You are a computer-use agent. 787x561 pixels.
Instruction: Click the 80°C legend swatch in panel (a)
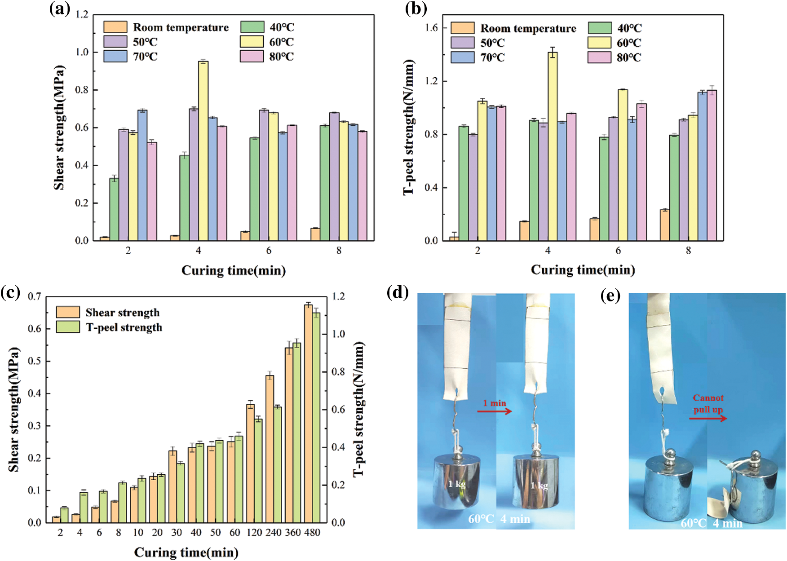[x=252, y=57]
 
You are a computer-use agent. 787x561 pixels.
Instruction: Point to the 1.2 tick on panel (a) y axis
[x=82, y=15]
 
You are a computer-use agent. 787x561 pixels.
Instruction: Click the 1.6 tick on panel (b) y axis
[x=431, y=28]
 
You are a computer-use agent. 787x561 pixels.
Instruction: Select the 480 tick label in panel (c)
[x=312, y=533]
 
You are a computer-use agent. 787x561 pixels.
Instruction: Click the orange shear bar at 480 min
[x=308, y=413]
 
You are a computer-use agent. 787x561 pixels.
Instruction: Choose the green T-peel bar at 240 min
[x=277, y=464]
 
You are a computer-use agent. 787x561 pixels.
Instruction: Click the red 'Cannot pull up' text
[x=708, y=403]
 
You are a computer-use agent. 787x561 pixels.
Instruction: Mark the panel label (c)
[x=10, y=293]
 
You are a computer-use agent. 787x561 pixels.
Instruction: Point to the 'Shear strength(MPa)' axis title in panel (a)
[x=59, y=128]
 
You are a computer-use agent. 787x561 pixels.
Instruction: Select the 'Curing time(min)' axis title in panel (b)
[x=583, y=270]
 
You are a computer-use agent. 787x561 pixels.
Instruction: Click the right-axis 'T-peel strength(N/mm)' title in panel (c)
[x=358, y=409]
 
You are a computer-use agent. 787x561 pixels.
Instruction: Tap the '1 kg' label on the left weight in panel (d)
[x=456, y=484]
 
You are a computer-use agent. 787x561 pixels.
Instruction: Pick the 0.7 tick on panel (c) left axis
[x=35, y=296]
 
